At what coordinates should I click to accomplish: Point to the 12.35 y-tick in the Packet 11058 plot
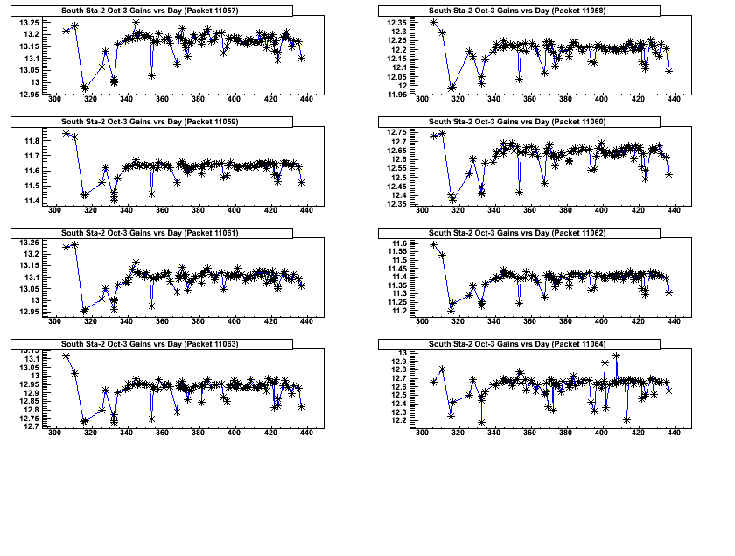(x=395, y=22)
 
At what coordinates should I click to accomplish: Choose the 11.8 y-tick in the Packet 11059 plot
(x=31, y=141)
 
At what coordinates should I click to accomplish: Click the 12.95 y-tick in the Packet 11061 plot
(x=28, y=311)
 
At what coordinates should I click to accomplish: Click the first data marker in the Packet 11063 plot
(x=66, y=355)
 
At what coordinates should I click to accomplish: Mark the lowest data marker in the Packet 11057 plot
(x=84, y=88)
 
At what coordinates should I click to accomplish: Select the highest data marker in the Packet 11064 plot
(x=616, y=355)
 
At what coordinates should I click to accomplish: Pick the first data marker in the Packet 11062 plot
(x=434, y=245)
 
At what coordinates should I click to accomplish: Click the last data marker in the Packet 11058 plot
(x=668, y=71)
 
